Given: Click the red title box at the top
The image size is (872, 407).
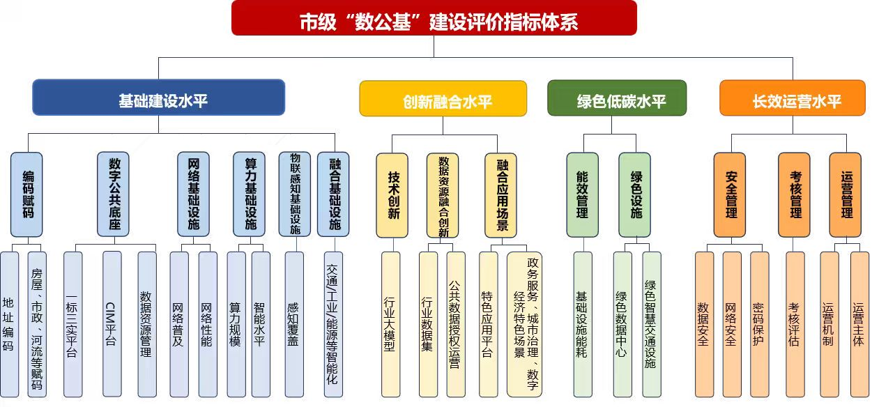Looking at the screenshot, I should click(434, 19).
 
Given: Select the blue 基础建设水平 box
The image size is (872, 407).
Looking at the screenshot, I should click(158, 98).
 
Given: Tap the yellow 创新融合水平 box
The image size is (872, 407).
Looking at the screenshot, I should click(443, 99).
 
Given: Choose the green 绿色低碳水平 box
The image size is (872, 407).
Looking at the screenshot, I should click(617, 98).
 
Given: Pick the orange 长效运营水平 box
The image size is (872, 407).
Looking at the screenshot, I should click(793, 98).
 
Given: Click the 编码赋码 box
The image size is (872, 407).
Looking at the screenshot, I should click(26, 194).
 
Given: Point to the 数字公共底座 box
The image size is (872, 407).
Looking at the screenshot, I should click(113, 194).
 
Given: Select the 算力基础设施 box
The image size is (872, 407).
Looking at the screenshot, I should click(250, 194).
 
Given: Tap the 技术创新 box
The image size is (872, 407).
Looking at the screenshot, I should click(392, 195).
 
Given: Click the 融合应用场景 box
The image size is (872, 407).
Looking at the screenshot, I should click(501, 195).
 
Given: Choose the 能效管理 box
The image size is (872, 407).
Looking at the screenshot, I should click(582, 195).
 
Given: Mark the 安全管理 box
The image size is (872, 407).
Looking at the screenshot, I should click(729, 195).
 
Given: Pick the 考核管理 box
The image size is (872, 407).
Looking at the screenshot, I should click(794, 195).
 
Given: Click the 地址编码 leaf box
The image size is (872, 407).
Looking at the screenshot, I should click(9, 324).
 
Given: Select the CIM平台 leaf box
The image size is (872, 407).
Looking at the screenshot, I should click(112, 324).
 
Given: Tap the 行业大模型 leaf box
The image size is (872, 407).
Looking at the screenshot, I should click(390, 324).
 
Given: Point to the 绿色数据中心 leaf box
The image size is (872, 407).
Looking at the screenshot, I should click(622, 324).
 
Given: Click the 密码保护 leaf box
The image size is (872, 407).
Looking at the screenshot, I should click(759, 324).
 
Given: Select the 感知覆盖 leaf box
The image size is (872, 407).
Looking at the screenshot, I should click(294, 324).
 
